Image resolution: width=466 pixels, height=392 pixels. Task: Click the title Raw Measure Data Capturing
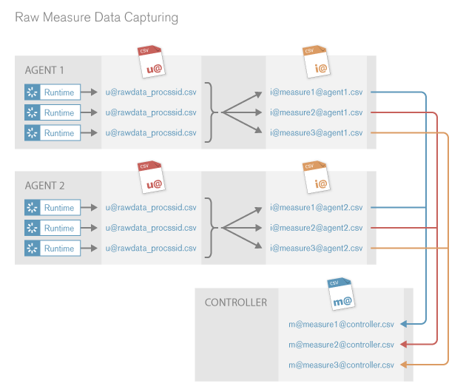(96, 16)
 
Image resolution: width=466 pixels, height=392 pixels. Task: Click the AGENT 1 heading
(44, 70)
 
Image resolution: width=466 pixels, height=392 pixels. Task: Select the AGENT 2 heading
(44, 186)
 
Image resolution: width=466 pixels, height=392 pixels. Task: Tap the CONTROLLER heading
(236, 303)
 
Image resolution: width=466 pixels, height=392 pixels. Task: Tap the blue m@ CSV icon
(341, 294)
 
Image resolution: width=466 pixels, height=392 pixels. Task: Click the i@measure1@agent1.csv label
(316, 92)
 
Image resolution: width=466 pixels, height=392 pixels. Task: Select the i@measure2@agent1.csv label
(316, 112)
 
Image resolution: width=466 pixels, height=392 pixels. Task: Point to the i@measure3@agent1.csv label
(316, 133)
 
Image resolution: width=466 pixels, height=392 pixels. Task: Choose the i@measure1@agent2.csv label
(316, 208)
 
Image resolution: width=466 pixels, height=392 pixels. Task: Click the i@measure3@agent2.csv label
(316, 249)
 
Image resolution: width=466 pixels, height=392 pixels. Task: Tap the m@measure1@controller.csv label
(341, 324)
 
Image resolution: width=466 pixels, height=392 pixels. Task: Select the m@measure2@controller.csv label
(341, 344)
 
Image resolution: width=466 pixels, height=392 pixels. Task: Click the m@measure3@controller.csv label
(341, 365)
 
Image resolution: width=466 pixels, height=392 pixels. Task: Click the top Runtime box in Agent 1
(59, 92)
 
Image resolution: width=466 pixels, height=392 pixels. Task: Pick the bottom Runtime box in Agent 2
(59, 249)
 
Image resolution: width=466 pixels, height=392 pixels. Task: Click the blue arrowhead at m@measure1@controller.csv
(403, 324)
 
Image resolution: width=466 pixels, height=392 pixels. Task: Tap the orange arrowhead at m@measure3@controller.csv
(403, 365)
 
